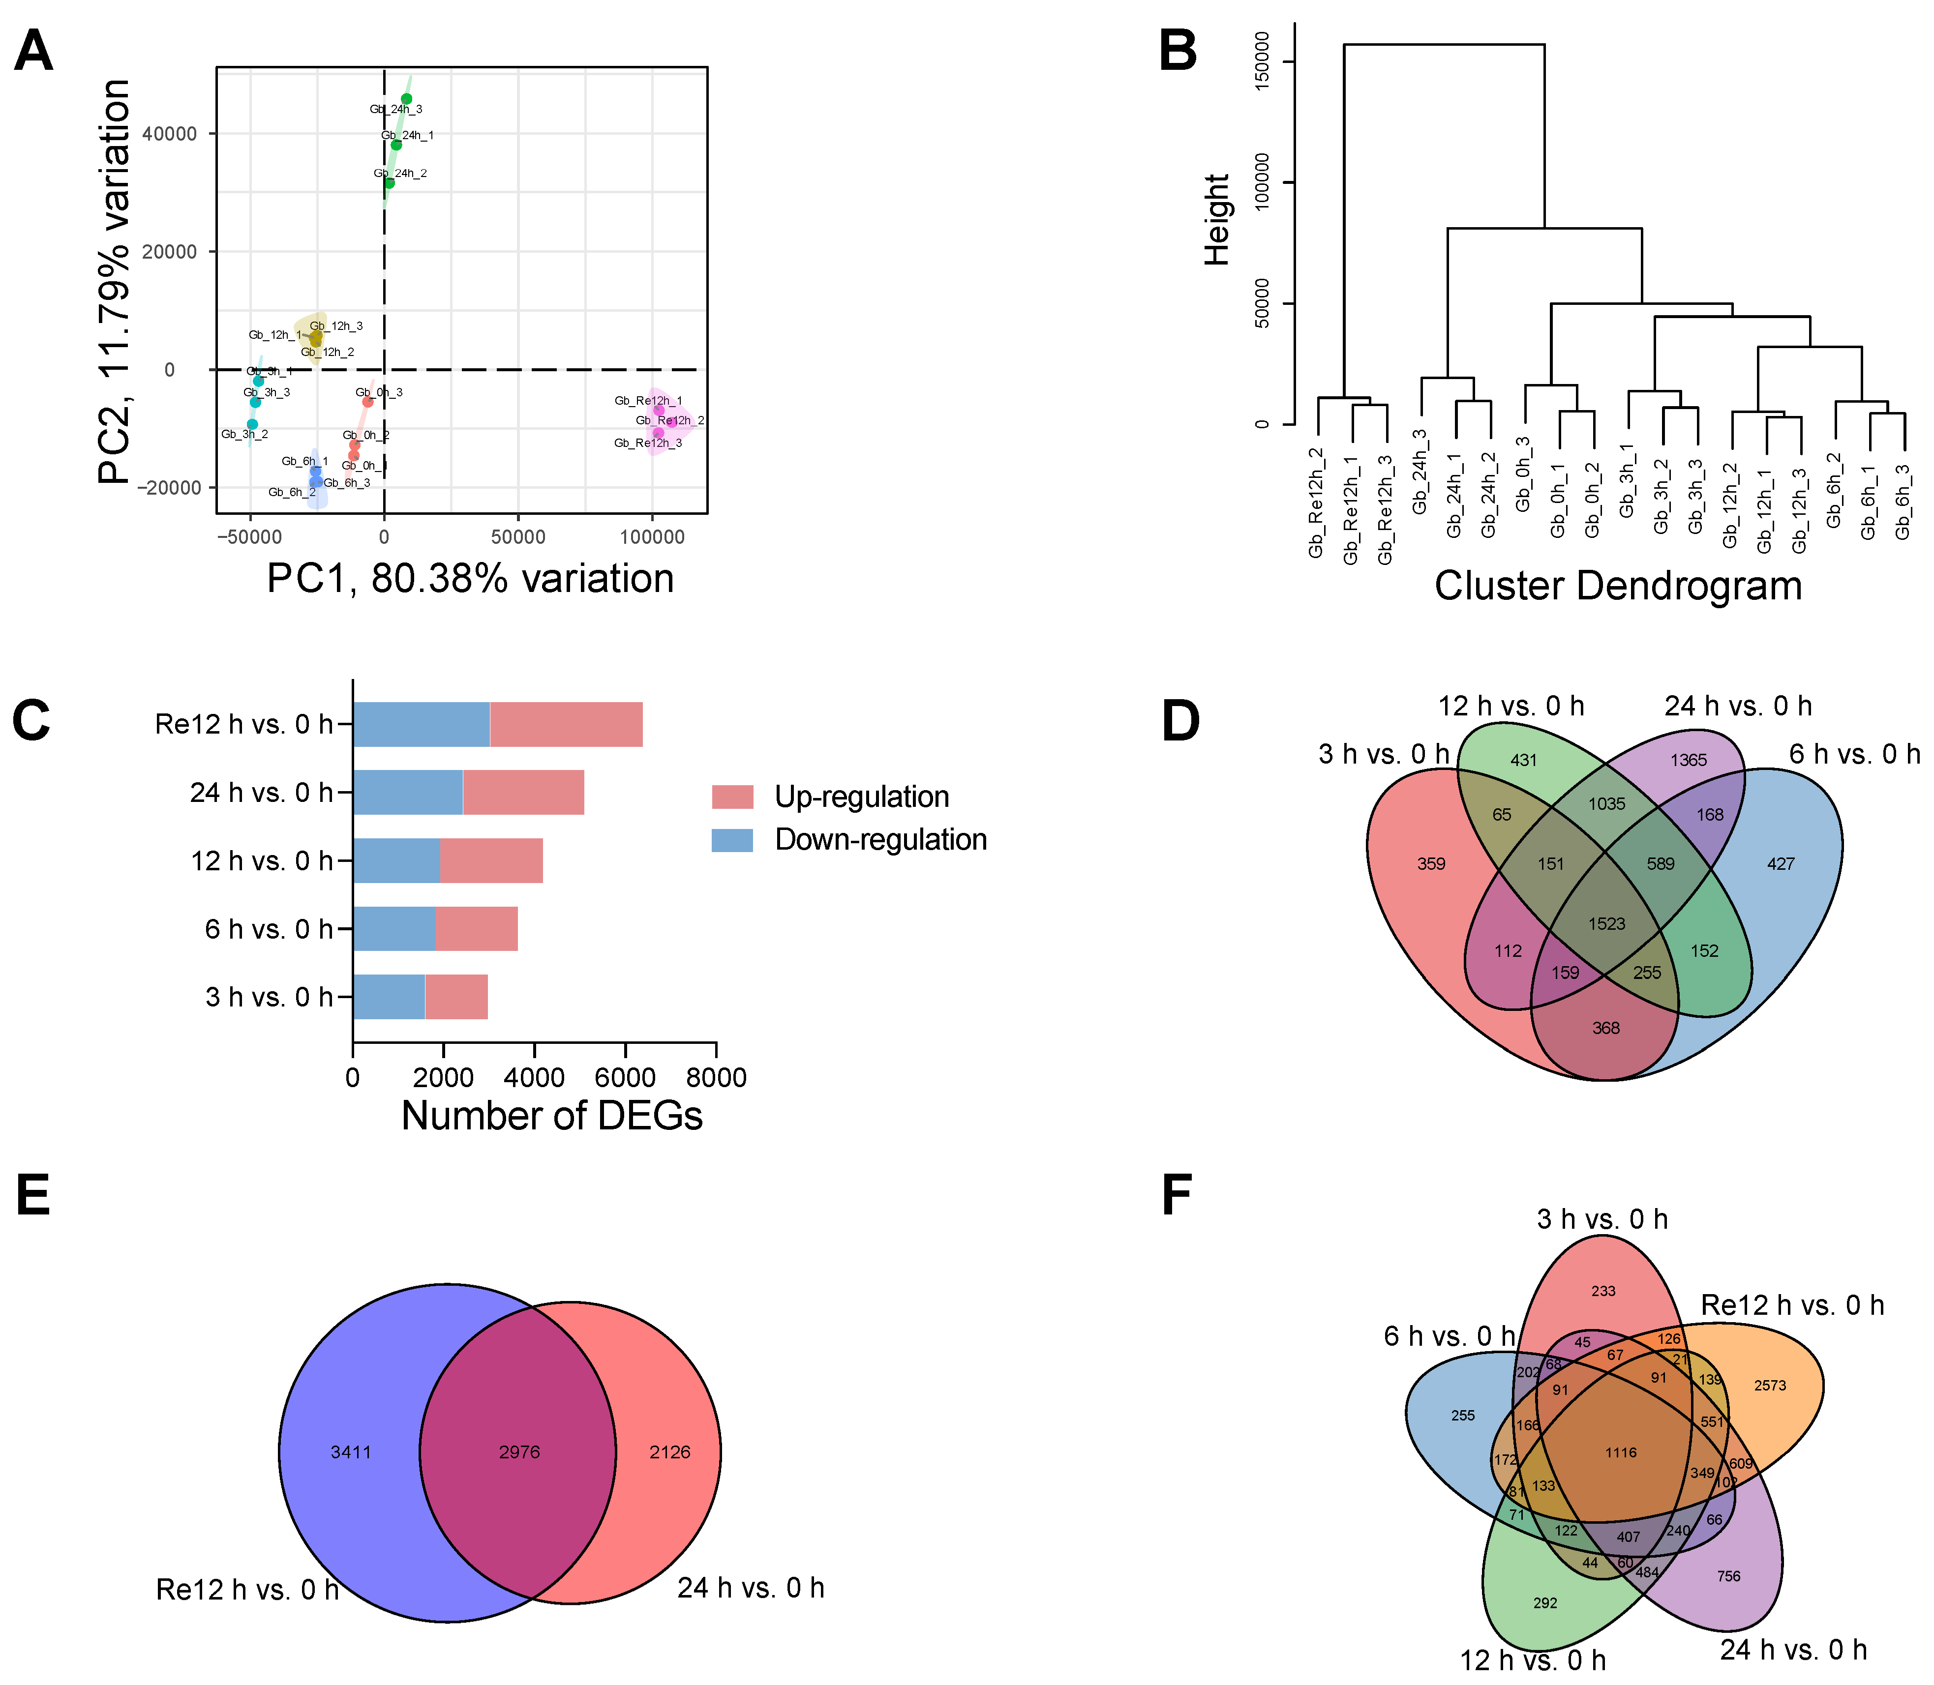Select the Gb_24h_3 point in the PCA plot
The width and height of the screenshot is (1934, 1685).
pos(406,99)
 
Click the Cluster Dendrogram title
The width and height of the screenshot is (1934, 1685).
pos(1618,586)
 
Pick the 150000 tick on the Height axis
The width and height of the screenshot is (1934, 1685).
pos(1263,62)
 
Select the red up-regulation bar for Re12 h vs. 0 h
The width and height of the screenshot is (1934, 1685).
pos(566,724)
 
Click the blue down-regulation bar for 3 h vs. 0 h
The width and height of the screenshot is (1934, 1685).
pos(389,997)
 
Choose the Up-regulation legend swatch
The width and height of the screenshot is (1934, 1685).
pos(733,797)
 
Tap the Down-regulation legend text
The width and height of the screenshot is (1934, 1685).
pos(880,840)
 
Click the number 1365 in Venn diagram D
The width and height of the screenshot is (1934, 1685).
pos(1689,760)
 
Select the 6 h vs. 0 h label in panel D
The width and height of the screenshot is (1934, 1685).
pos(1854,754)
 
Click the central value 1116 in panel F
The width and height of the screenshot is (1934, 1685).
pos(1621,1453)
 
